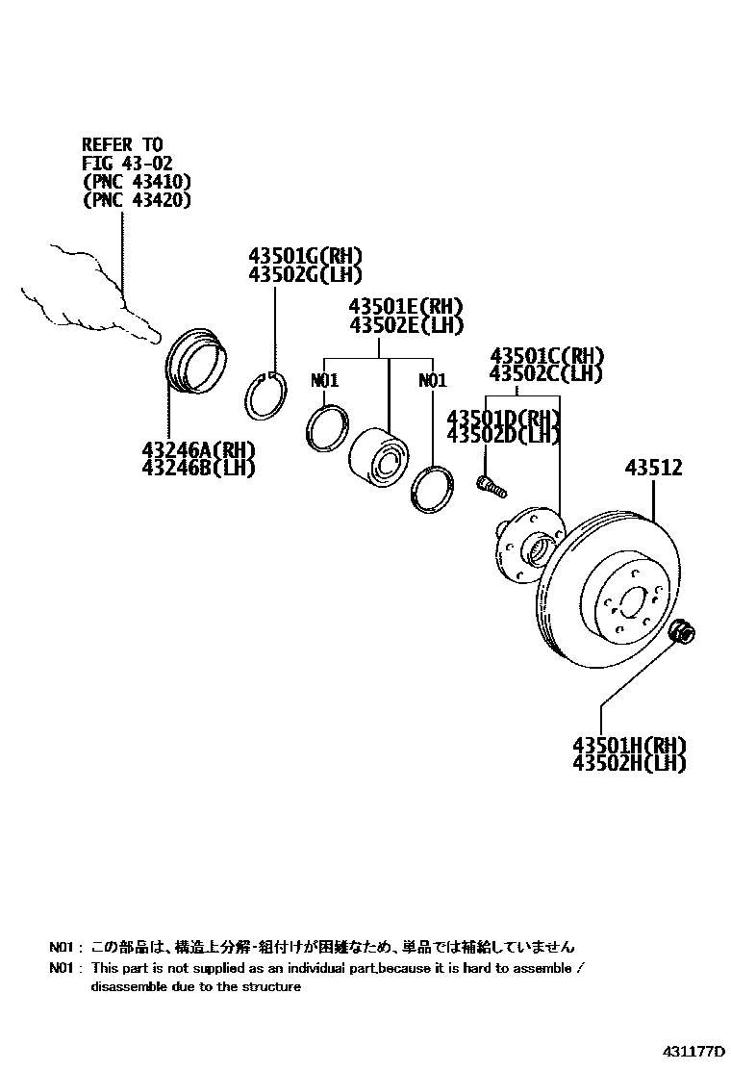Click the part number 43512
(x=653, y=469)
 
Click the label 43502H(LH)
(x=629, y=763)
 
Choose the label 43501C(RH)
(x=545, y=354)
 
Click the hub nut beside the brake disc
(x=684, y=632)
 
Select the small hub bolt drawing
(x=490, y=485)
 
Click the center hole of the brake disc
(x=633, y=603)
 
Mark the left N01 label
(x=325, y=381)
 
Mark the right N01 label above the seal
(x=433, y=381)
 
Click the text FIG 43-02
(x=127, y=163)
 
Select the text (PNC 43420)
(x=137, y=200)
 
